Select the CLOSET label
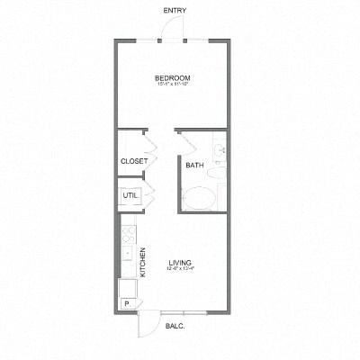(133, 162)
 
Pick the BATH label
(194, 166)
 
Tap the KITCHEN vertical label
(142, 262)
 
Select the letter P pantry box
(127, 304)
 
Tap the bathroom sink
(218, 149)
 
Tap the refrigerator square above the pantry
(128, 287)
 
